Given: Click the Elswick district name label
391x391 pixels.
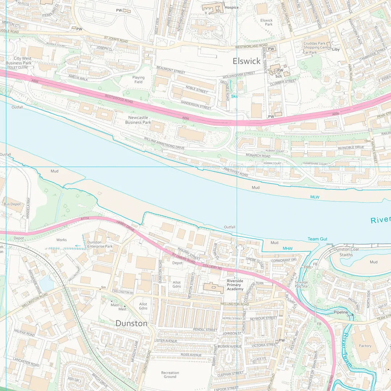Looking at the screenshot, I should [x=247, y=61].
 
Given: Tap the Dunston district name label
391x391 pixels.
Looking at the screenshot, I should [x=131, y=323].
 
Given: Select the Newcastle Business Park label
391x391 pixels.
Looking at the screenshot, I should [x=138, y=120].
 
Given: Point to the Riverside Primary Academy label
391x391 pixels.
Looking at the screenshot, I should [x=235, y=285].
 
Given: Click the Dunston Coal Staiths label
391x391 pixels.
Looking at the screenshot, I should [x=346, y=252].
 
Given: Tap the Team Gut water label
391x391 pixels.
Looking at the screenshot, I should [x=318, y=239].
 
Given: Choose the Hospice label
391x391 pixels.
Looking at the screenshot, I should [x=231, y=7].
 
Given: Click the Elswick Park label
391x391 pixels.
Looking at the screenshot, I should [x=266, y=22].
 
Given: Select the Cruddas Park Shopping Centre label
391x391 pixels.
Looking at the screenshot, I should [x=317, y=46].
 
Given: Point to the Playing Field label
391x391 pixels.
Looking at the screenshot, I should [x=138, y=80].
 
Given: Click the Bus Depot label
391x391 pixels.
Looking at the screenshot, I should [x=12, y=204].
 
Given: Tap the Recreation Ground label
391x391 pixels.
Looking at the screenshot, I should [x=170, y=375].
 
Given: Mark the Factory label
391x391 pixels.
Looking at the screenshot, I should [x=365, y=346].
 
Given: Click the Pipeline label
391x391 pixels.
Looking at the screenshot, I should [x=341, y=312].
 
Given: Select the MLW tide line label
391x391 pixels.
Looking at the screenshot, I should [x=315, y=197].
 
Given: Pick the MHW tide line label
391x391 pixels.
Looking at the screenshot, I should [x=287, y=248].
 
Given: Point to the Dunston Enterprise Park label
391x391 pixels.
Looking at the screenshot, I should [x=100, y=244].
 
